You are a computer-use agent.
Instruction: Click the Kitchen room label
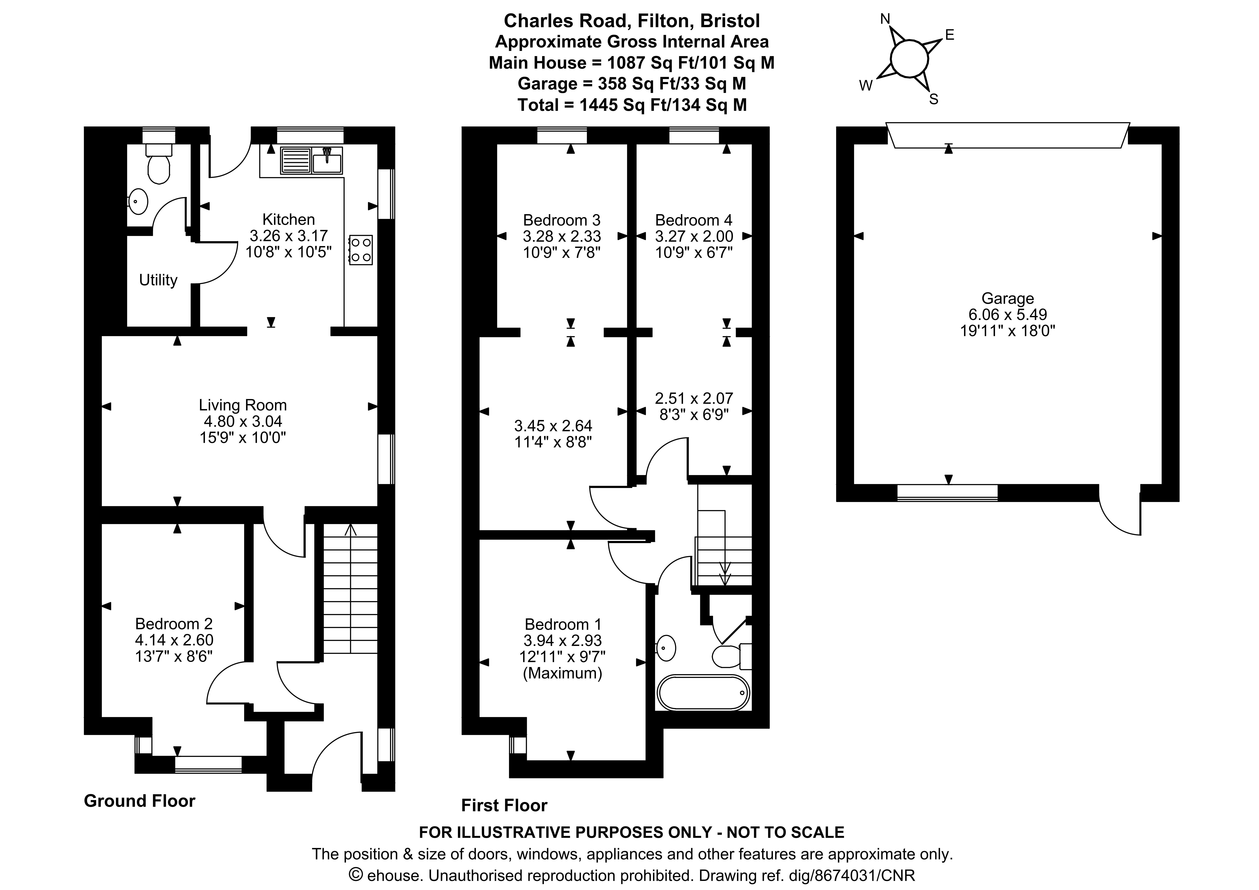coord(288,219)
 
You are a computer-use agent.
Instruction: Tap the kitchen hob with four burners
coord(360,250)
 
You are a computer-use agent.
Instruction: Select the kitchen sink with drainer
coord(312,160)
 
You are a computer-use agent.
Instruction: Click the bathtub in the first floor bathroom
coord(703,693)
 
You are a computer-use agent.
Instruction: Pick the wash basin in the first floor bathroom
coord(666,648)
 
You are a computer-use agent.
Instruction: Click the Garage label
coord(1007,298)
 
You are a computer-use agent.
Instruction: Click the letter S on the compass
coord(934,99)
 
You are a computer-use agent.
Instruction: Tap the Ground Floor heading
coord(139,801)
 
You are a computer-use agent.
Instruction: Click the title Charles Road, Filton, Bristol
coord(632,21)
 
